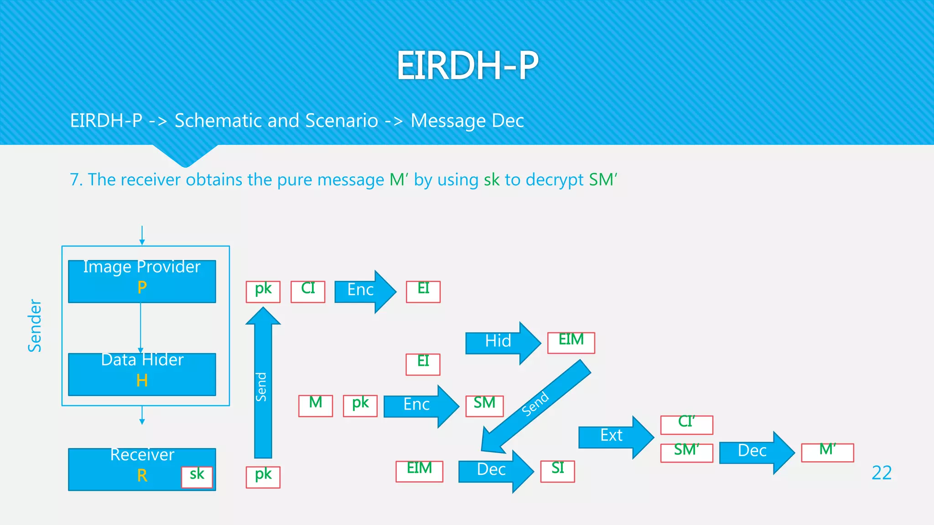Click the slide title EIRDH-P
click(467, 66)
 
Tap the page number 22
click(881, 473)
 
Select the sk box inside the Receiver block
click(197, 477)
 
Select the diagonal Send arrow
click(536, 406)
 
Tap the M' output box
click(827, 452)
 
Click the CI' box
click(686, 424)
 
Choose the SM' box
click(686, 453)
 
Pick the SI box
click(557, 471)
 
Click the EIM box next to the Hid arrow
click(571, 342)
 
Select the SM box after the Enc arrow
click(484, 406)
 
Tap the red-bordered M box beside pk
click(316, 406)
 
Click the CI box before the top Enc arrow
click(308, 291)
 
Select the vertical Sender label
click(35, 325)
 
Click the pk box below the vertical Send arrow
click(263, 477)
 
